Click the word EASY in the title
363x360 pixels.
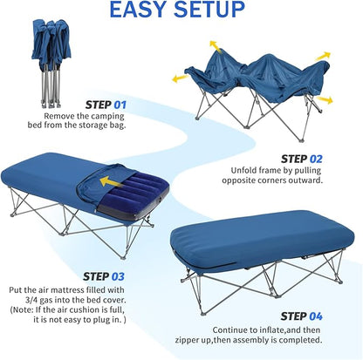click(139, 10)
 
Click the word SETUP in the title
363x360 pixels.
click(209, 10)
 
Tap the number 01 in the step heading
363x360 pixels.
click(120, 105)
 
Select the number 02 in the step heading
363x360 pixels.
click(316, 160)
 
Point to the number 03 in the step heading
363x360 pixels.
click(118, 276)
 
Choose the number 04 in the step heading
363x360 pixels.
click(316, 316)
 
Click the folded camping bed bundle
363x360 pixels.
click(51, 63)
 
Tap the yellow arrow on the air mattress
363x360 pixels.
click(111, 181)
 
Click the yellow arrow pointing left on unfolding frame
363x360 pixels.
click(180, 78)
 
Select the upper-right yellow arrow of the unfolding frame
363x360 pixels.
click(323, 56)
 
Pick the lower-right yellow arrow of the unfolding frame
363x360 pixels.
click(324, 100)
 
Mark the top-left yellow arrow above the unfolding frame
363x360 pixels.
click(216, 46)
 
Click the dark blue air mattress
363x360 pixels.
click(134, 194)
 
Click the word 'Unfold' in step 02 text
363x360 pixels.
click(243, 170)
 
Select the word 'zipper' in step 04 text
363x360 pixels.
click(188, 340)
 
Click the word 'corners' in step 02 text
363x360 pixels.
click(271, 180)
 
